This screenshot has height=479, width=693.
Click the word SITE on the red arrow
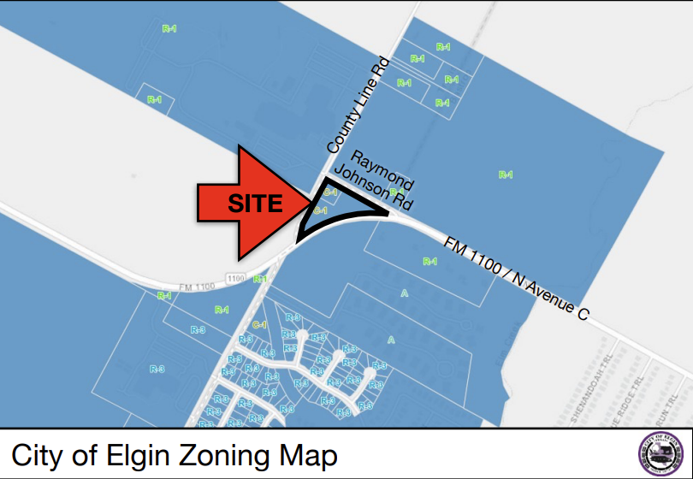[253, 204]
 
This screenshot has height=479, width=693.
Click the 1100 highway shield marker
[237, 279]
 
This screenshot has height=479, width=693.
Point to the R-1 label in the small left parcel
[154, 100]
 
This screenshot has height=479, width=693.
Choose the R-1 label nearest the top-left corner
[169, 29]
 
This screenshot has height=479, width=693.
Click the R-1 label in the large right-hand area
[506, 175]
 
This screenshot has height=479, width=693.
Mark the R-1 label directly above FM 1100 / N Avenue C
[429, 261]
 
